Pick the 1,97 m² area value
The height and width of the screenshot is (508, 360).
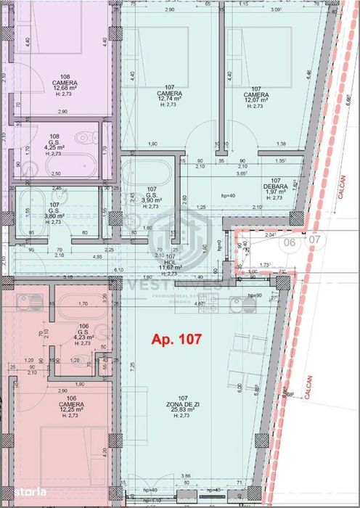275,192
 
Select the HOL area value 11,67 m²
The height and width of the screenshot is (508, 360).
169,268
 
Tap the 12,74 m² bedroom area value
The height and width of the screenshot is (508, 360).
169,100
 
